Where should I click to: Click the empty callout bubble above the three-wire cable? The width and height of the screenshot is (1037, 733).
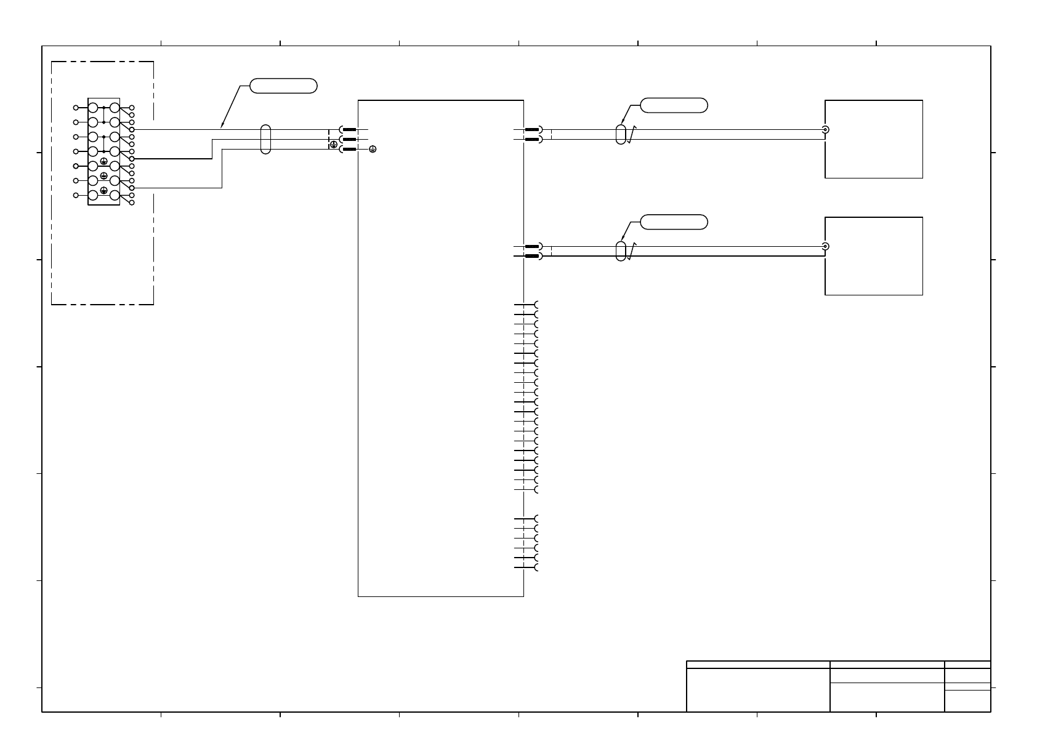(283, 86)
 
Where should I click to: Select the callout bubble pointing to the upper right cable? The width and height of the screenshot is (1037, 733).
(674, 105)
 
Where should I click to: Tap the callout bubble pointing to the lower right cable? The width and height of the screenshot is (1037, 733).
(674, 222)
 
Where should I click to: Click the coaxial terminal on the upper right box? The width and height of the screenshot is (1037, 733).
(825, 130)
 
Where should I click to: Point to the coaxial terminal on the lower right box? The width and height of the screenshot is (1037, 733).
(825, 247)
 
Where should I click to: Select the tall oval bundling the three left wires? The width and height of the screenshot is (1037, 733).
(265, 139)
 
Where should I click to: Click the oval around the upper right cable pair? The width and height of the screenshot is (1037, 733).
(621, 134)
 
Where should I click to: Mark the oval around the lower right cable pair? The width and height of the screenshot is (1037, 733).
(621, 251)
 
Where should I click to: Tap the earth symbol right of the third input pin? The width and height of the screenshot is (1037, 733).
(372, 150)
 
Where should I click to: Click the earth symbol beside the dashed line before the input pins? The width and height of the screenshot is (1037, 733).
(334, 145)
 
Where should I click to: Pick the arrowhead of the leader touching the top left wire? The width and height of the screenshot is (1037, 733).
(222, 127)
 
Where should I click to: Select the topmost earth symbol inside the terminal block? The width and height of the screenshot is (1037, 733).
(104, 161)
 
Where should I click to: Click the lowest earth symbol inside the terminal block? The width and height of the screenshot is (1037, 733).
(104, 191)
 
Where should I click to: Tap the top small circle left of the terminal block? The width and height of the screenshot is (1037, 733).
(76, 108)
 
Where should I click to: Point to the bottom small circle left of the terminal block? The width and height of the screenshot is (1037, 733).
(76, 195)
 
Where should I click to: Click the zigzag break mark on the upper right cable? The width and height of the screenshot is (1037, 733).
(631, 135)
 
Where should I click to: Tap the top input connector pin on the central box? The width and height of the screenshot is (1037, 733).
(349, 130)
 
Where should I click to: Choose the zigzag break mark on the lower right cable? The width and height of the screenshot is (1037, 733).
(631, 252)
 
